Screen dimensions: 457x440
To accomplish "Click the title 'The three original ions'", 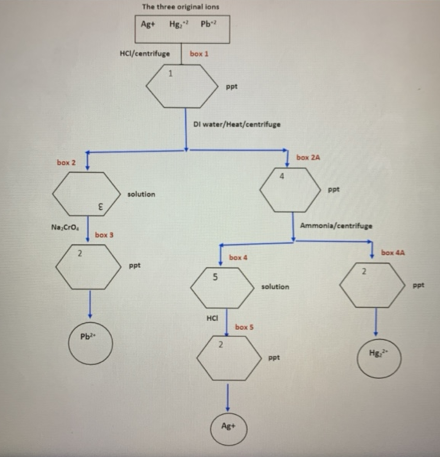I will coord(180,7).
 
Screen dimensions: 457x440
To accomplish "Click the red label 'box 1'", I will coord(199,54).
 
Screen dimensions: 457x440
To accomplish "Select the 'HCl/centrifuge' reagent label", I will coord(145,54).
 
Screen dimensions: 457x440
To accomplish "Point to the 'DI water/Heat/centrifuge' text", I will coord(237,124).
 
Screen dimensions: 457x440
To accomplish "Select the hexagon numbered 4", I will coord(290,190).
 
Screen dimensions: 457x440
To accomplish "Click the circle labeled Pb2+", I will coord(90,343).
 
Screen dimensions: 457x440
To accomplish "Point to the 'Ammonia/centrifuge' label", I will coord(336,226).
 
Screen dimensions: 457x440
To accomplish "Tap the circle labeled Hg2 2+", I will coord(379,357).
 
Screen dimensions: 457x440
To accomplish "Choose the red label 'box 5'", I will coord(244,327).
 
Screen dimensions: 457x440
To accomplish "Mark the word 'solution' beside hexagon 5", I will coord(275,287).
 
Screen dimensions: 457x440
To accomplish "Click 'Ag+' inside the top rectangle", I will coord(148,24).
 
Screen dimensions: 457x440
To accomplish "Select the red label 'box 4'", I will coord(238,258).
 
